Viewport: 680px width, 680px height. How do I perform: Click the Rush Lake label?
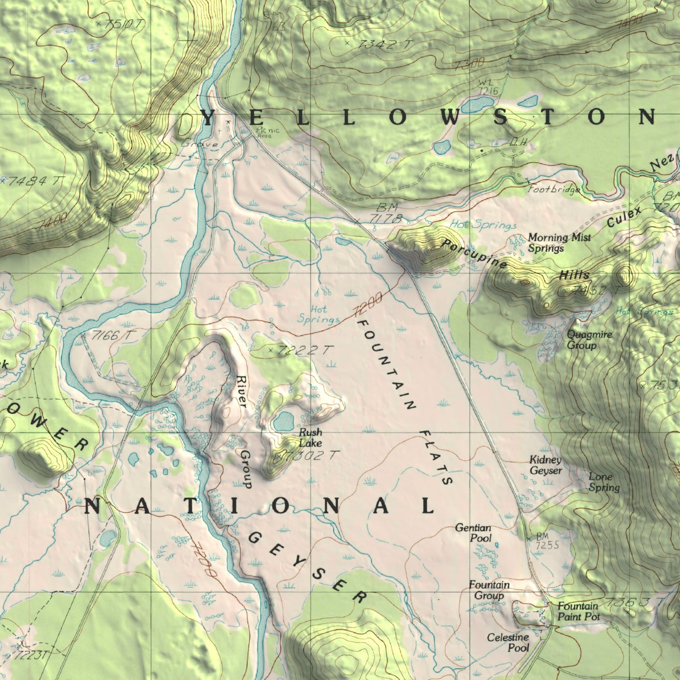[311, 438]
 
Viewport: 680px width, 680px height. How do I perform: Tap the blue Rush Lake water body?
[284, 422]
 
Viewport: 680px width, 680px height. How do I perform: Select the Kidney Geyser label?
[545, 465]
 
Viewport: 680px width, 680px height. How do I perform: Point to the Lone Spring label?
[604, 482]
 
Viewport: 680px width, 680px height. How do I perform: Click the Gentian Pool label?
[474, 533]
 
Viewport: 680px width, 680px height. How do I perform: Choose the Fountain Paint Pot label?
[579, 611]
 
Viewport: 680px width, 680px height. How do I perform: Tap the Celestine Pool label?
[508, 642]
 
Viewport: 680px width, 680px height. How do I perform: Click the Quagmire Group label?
[589, 340]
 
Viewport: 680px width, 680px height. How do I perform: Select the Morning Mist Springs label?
[559, 242]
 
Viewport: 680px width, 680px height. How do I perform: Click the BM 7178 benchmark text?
[386, 213]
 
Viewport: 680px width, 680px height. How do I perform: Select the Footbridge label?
[553, 190]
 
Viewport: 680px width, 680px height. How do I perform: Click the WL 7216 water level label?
[487, 87]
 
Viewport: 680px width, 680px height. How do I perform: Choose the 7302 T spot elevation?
[311, 455]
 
